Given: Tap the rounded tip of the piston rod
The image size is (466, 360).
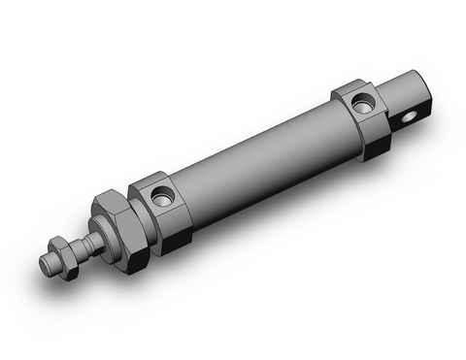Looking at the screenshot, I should pos(46,264).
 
